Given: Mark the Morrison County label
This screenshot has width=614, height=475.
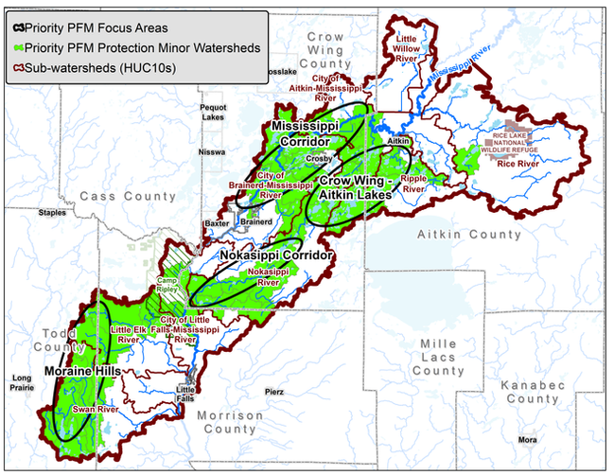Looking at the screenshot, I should tap(230, 422).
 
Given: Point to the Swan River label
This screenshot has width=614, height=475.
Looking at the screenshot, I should tap(89, 410).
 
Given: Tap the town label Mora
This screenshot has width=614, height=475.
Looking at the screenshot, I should tap(526, 441).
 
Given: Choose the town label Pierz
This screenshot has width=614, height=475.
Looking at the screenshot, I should tap(273, 391).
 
